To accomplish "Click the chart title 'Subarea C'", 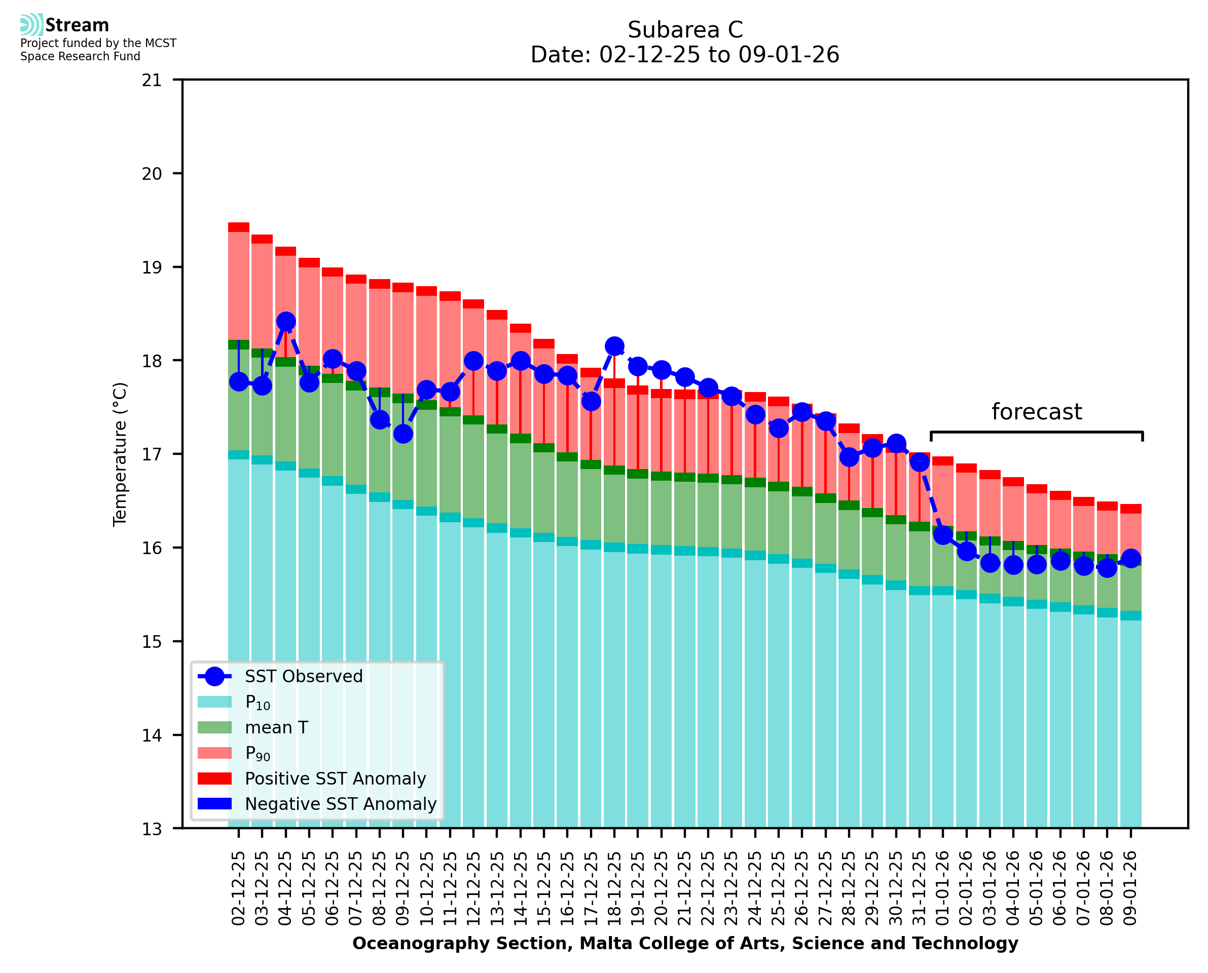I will (x=685, y=30).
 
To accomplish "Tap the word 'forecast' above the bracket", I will (x=1036, y=412).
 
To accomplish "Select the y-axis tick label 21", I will (x=152, y=80).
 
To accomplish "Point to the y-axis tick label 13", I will (x=152, y=829).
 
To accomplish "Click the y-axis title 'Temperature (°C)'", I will (x=120, y=454).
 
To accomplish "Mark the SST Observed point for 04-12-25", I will (x=285, y=321).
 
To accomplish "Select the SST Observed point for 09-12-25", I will (x=402, y=434).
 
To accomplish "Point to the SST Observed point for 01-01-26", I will (x=943, y=535).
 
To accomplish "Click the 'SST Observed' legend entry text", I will (x=304, y=677).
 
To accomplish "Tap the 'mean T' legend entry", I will (x=276, y=727).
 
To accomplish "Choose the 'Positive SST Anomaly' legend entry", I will (x=336, y=779).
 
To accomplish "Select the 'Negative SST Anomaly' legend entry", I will (x=341, y=804).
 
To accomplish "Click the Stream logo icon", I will (x=31, y=25).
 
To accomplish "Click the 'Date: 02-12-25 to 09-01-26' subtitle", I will (x=685, y=55).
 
